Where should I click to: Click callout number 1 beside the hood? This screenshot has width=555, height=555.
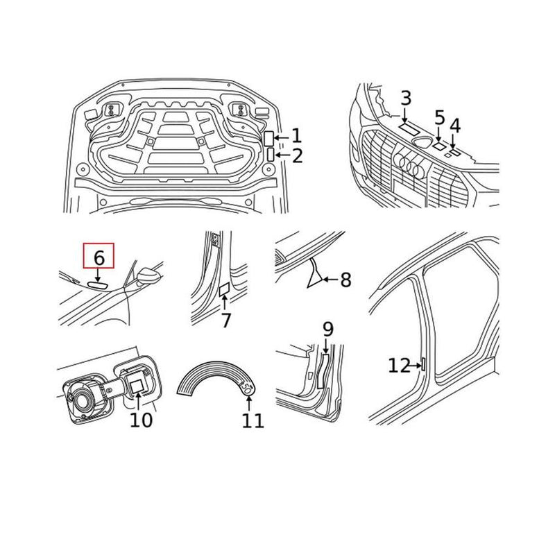tap(296, 136)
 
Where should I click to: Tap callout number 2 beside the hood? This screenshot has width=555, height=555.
tap(297, 155)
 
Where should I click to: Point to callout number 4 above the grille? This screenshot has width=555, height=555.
tap(455, 126)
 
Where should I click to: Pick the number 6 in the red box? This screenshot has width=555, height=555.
tap(99, 257)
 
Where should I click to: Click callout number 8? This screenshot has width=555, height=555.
tap(345, 280)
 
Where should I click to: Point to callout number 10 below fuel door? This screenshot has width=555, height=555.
tap(141, 420)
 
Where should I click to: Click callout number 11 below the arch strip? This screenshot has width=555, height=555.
tap(253, 420)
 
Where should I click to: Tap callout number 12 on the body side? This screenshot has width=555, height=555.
tap(399, 365)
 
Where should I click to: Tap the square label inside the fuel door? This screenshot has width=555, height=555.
tap(137, 383)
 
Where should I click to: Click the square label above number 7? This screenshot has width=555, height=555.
tap(225, 290)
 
